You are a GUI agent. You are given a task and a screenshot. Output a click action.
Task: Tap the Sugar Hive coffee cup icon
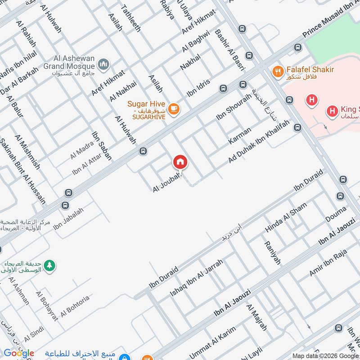coord(174,108)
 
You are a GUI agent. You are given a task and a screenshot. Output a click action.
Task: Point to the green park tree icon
coord(50,265)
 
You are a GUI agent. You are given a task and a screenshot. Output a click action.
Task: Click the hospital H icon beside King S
coord(332,110)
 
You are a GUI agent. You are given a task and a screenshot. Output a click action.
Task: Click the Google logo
coord(18,353)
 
